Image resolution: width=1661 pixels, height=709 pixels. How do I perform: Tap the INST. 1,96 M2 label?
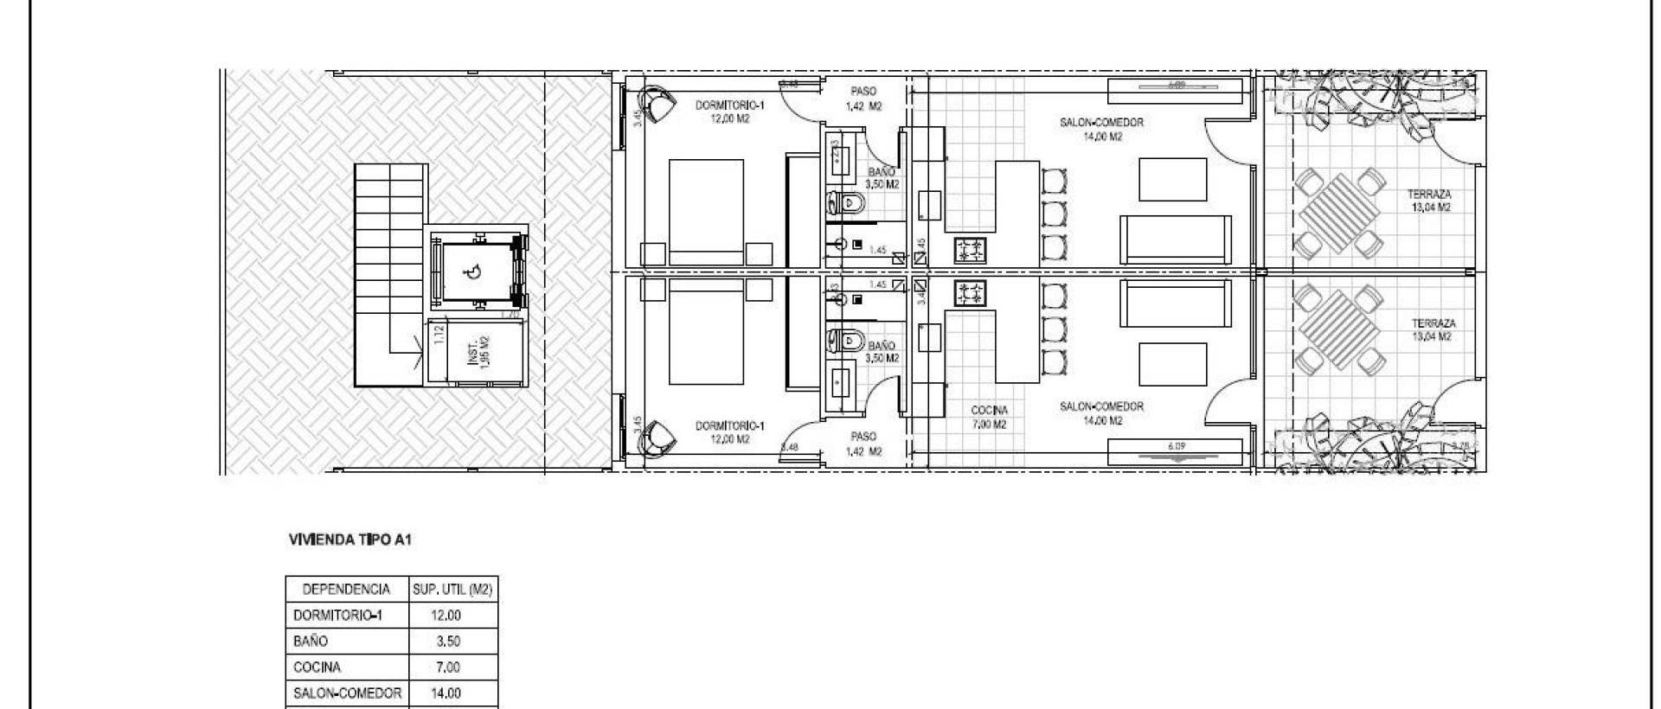coord(478,352)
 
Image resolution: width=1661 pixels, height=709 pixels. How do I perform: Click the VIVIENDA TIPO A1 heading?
coord(350,540)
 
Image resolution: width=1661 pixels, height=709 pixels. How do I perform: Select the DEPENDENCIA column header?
coord(346,590)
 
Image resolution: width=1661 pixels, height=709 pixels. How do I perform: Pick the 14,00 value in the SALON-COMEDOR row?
coord(446,693)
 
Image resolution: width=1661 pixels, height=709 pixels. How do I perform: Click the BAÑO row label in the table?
coord(311,642)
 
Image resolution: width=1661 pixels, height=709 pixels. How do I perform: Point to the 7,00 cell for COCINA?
coord(446,667)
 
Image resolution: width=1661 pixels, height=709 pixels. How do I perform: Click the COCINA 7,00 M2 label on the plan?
coord(989,417)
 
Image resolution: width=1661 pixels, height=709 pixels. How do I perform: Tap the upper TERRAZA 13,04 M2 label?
coord(1430,201)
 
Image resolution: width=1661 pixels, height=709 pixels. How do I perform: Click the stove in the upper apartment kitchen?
coord(970,251)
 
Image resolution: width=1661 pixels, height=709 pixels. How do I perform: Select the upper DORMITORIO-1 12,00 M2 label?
coord(730,112)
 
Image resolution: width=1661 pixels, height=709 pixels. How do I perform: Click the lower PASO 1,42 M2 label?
coord(863,444)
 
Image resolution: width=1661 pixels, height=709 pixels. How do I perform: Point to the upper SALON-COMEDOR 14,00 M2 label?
coord(1101,129)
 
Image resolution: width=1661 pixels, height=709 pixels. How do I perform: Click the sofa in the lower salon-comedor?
coord(1177,307)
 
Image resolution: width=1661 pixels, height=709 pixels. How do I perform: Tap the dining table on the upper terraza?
coord(1337,213)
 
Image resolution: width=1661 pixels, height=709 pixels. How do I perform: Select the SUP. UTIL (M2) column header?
coord(452,590)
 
